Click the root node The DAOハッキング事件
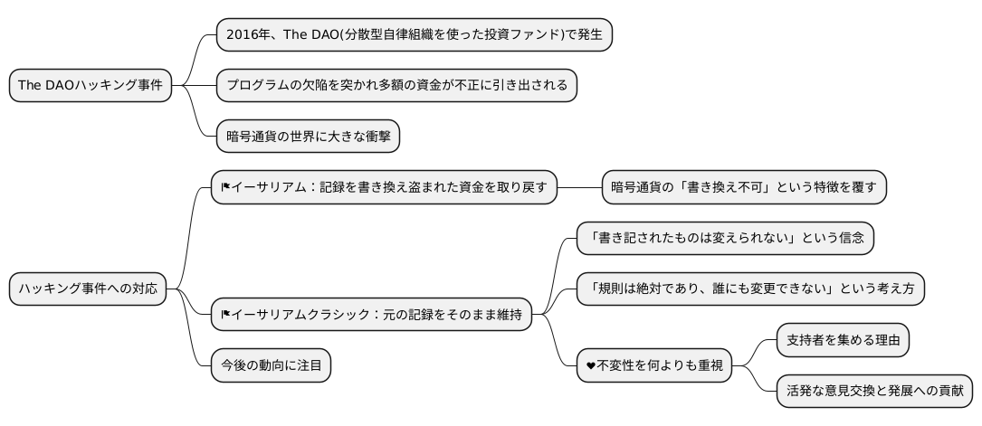coord(91,86)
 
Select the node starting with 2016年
coord(415,34)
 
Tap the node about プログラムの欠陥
coord(396,86)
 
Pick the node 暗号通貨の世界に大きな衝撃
coord(308,137)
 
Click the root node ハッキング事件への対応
coord(88,289)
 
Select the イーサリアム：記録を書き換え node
coord(384,187)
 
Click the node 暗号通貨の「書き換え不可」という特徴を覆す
coord(744,187)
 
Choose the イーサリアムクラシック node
coord(371,315)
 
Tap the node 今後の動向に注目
coord(271,365)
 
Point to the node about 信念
coord(726,238)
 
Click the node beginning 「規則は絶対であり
coord(750,289)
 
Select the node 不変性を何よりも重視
coord(653,365)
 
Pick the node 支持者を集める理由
coord(844,340)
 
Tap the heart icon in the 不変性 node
coord(591,365)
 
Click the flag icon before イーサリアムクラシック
coord(226,315)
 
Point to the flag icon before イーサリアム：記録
coord(226,187)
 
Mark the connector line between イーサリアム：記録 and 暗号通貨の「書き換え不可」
coord(579,187)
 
